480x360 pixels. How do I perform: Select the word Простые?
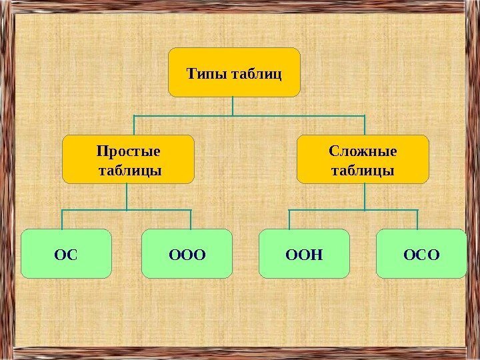[129, 151]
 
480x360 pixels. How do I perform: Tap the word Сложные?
[362, 151]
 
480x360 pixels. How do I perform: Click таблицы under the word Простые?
[129, 171]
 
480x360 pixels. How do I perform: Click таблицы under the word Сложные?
[362, 171]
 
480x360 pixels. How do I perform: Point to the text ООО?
[187, 254]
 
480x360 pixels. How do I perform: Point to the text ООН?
[304, 254]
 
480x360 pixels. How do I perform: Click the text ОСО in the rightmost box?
[422, 254]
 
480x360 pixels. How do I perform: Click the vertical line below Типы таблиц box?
[233, 106]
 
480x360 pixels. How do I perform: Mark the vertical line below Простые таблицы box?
[128, 196]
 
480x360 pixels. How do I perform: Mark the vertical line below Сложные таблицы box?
[365, 196]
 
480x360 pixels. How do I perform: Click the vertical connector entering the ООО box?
[191, 219]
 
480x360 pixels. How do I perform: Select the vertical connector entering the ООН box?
[289, 219]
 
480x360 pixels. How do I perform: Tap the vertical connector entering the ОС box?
[63, 219]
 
